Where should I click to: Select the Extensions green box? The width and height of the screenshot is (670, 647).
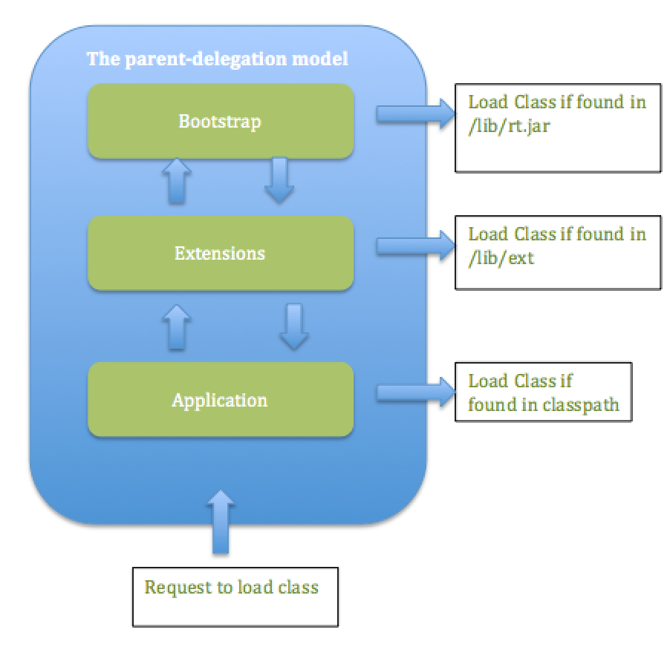(220, 272)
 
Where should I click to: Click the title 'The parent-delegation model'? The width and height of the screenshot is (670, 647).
(217, 59)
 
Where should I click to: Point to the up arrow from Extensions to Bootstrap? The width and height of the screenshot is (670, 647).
(177, 180)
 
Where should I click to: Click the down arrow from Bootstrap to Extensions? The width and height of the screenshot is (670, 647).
(279, 180)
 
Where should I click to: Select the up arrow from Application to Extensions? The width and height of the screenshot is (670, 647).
(177, 326)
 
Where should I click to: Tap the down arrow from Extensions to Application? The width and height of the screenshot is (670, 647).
(293, 326)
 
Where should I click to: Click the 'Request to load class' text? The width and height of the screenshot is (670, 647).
(231, 588)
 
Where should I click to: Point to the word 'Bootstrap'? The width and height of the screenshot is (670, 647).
(220, 121)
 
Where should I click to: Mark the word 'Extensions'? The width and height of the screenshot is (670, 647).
(220, 253)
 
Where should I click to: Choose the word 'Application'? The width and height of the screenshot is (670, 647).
(220, 401)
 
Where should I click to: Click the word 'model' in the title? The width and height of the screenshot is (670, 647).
(323, 59)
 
